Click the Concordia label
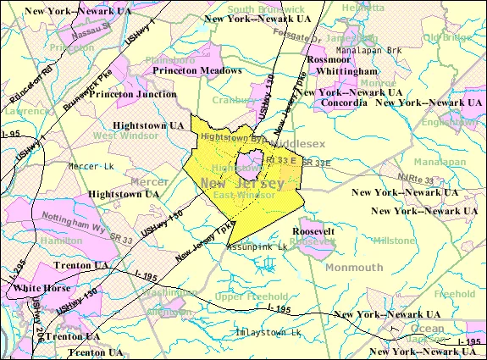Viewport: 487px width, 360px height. pos(344,102)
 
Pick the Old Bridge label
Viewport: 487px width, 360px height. pos(445,37)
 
